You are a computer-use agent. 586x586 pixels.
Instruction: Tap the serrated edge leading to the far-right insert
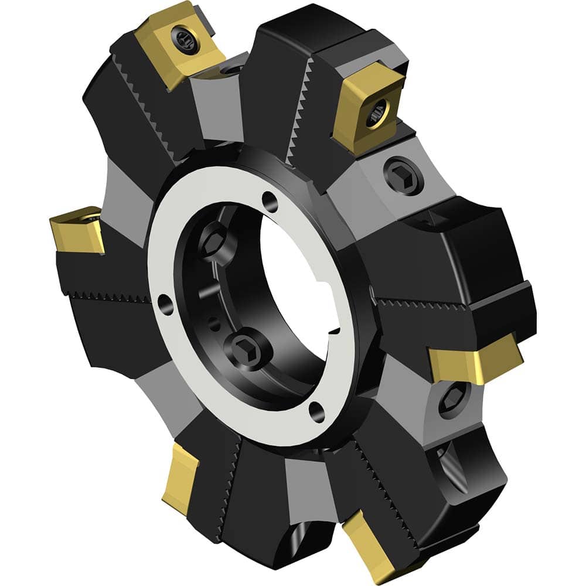(x=416, y=305)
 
